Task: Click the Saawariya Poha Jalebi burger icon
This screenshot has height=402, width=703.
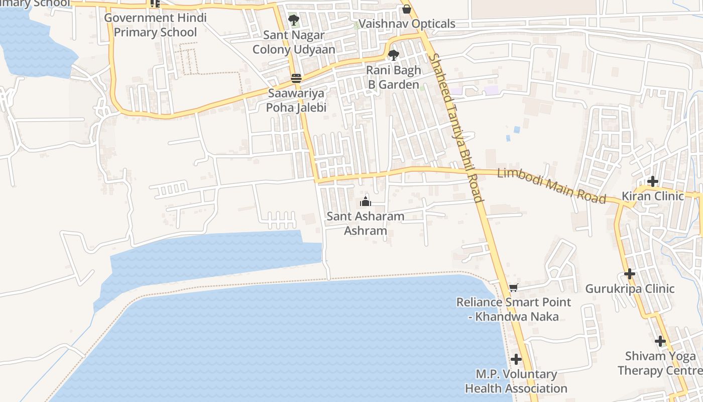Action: [x=296, y=78]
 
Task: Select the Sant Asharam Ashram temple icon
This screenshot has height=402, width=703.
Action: [x=366, y=202]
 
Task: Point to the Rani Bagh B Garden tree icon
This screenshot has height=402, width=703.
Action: [x=394, y=55]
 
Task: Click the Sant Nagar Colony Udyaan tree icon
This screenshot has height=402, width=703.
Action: [x=294, y=21]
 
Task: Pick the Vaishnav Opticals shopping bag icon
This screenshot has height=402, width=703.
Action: [x=407, y=9]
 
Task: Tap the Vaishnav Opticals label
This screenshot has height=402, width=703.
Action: [x=407, y=24]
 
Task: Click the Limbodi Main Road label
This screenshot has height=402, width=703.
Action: [x=551, y=185]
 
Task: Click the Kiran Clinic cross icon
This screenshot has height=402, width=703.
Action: [x=652, y=181]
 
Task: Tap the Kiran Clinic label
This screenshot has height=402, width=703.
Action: [x=653, y=196]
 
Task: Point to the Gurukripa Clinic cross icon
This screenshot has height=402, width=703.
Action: [x=630, y=274]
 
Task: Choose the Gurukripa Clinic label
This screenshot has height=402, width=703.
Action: [x=630, y=289]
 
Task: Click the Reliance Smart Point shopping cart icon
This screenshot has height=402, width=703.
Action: [x=513, y=287]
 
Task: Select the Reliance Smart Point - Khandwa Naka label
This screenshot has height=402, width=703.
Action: [x=513, y=310]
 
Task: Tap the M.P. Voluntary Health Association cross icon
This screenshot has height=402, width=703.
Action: [x=516, y=359]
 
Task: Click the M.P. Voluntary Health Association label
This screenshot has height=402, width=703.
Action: [x=516, y=381]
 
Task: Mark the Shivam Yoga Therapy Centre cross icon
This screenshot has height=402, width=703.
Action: [x=660, y=341]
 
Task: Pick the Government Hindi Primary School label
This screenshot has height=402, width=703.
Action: [x=155, y=25]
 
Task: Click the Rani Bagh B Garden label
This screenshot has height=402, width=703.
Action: [x=393, y=77]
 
